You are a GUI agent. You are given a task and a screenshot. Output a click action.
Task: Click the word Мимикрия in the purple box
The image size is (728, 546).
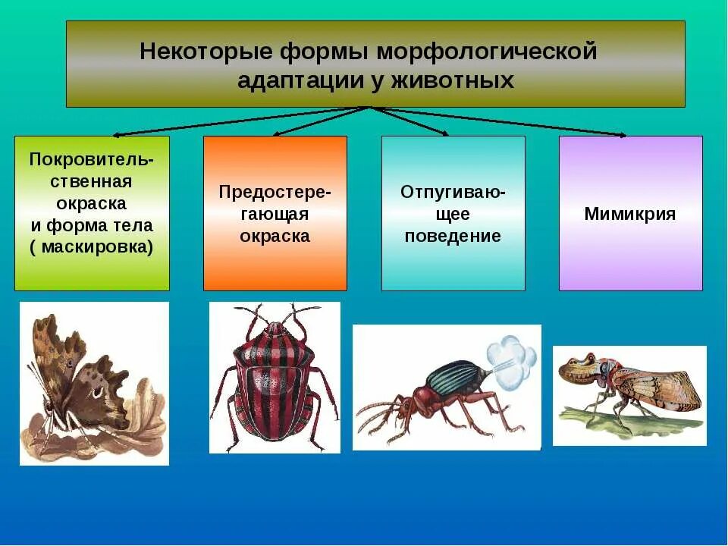[629, 214]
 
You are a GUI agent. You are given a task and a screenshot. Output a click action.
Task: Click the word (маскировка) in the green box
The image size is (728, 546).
[92, 246]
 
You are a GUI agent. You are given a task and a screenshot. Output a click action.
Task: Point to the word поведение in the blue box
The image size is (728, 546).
[453, 236]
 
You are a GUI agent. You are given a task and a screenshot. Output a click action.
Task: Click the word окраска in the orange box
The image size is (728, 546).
[275, 236]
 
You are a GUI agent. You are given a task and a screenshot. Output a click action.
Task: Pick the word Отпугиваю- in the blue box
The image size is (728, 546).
[453, 192]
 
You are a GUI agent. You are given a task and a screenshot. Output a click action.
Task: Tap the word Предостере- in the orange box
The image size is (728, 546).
[275, 192]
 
